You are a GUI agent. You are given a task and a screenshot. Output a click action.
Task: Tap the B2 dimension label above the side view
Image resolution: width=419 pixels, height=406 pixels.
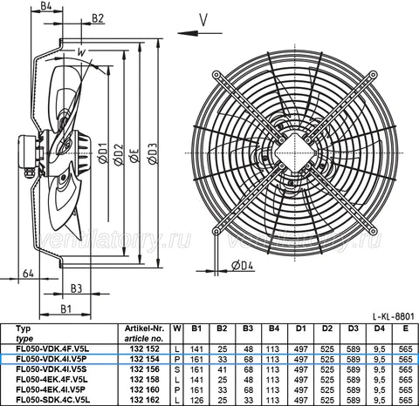point(97,18)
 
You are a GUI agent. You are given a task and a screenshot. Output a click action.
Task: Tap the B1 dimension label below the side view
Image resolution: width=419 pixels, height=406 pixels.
point(65,308)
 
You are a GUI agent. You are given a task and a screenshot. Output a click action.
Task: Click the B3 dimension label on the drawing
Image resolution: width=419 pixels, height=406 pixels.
point(76,287)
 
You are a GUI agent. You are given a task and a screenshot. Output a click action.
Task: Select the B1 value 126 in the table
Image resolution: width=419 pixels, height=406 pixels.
point(196,400)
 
